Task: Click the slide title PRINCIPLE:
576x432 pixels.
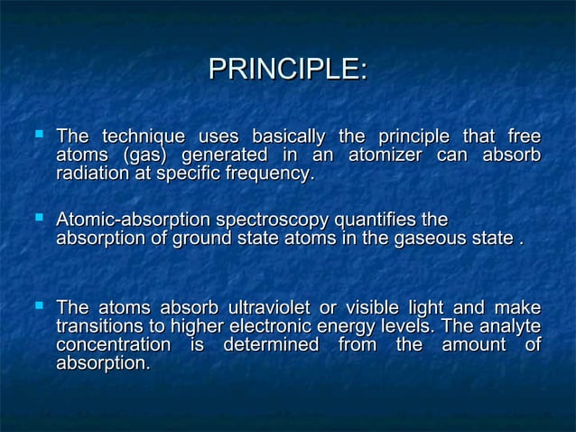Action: [287, 70]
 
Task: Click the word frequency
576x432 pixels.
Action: [270, 174]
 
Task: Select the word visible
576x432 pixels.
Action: [378, 308]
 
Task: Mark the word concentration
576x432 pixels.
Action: [113, 345]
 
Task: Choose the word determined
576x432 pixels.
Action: [271, 345]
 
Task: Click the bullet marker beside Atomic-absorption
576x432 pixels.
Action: [39, 217]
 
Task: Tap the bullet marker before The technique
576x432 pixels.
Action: [39, 134]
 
